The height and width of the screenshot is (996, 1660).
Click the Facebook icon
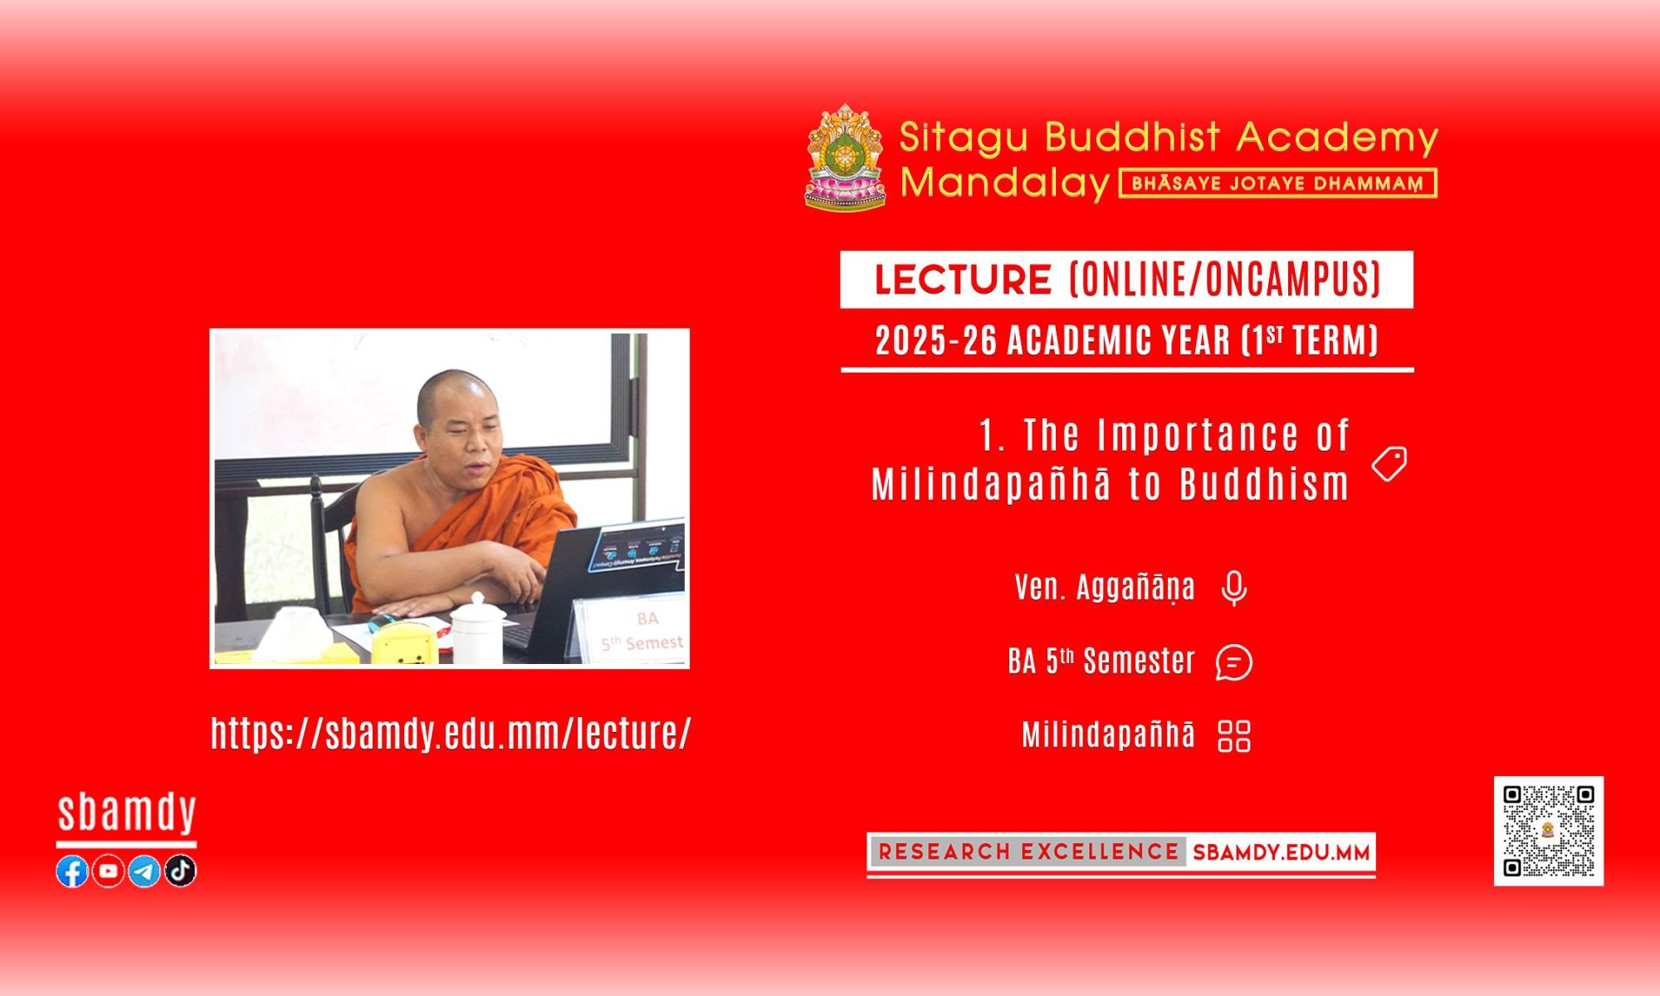pyautogui.click(x=72, y=871)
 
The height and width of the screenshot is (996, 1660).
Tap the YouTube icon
pyautogui.click(x=108, y=871)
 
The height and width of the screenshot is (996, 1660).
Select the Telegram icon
pyautogui.click(x=144, y=871)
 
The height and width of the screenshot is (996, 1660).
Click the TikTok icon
pyautogui.click(x=180, y=871)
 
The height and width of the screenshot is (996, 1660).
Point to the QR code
pyautogui.click(x=1549, y=831)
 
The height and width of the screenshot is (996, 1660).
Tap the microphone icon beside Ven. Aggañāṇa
pyautogui.click(x=1234, y=588)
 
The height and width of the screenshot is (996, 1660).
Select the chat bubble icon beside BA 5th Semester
pyautogui.click(x=1234, y=662)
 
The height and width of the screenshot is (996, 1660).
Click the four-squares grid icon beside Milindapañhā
pyautogui.click(x=1234, y=735)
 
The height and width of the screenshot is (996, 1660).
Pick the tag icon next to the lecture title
pyautogui.click(x=1389, y=463)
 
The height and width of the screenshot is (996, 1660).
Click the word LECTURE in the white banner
pyautogui.click(x=963, y=280)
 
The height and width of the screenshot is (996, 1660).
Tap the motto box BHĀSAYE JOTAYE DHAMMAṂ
pyautogui.click(x=1278, y=183)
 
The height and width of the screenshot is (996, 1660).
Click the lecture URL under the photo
pyautogui.click(x=451, y=733)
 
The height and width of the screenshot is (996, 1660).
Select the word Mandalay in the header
pyautogui.click(x=1005, y=183)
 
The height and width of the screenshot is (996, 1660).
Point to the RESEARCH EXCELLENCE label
pyautogui.click(x=1028, y=852)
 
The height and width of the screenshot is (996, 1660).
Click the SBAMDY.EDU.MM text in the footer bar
pyautogui.click(x=1281, y=852)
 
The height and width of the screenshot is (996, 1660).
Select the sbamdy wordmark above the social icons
pyautogui.click(x=126, y=813)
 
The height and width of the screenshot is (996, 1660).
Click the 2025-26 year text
pyautogui.click(x=936, y=340)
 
